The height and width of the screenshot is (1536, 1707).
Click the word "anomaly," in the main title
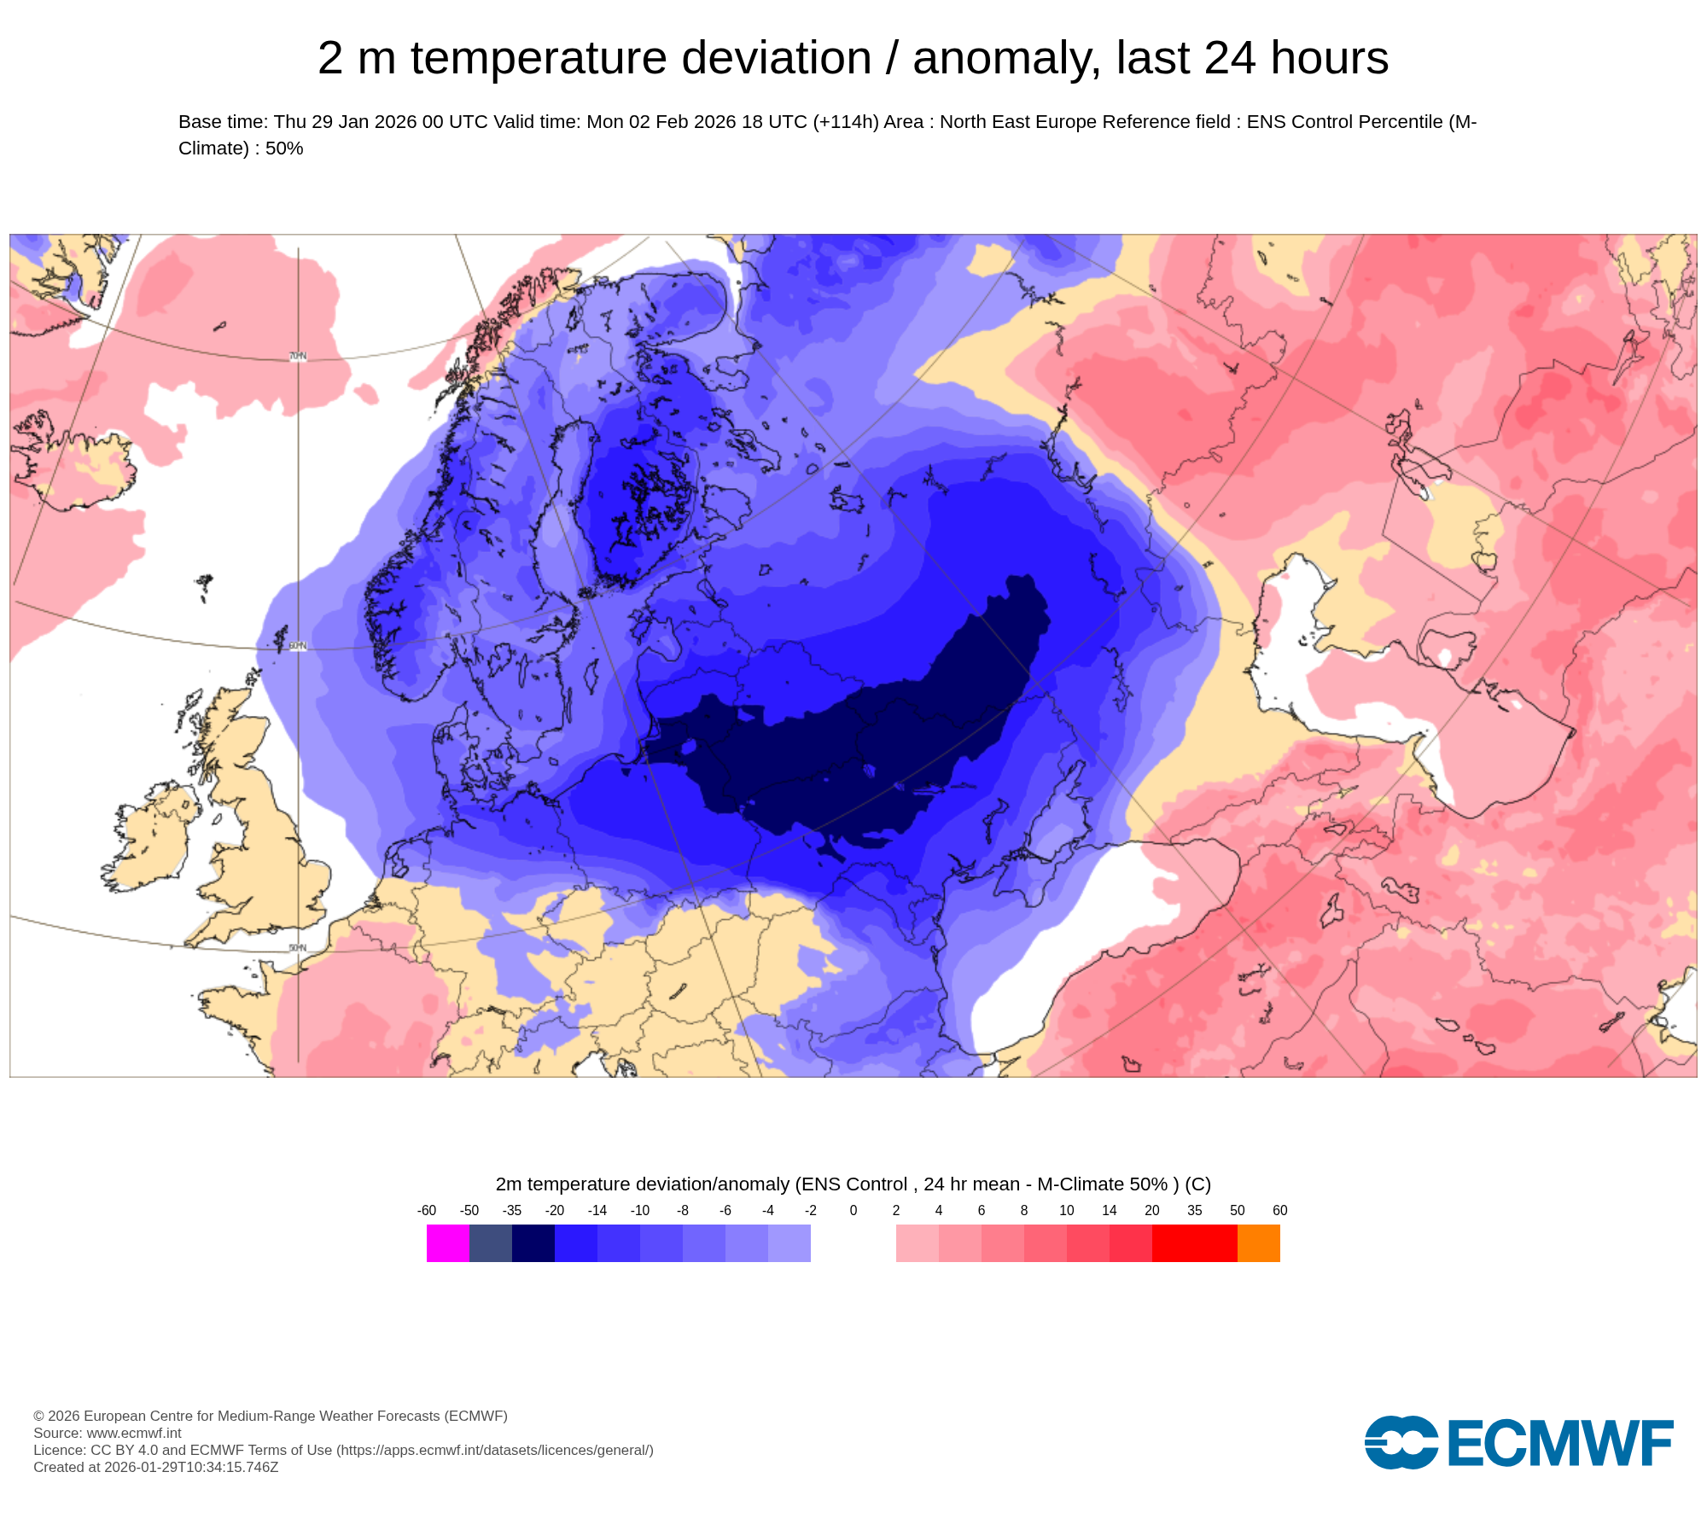[x=1006, y=59]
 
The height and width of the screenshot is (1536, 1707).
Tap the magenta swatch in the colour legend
[x=447, y=1242]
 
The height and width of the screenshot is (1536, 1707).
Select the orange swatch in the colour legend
[x=1258, y=1242]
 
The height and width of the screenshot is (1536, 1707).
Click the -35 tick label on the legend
[x=511, y=1210]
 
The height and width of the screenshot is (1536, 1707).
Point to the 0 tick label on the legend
[x=853, y=1210]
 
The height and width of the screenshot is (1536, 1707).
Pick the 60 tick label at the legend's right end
[x=1279, y=1210]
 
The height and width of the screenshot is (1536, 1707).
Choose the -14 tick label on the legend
[x=597, y=1210]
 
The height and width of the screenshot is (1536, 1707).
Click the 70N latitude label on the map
[x=297, y=356]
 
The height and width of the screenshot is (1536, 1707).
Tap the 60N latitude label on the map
[x=297, y=646]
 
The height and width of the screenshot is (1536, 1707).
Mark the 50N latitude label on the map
[x=297, y=948]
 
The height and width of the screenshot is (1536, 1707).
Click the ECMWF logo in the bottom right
[x=1518, y=1442]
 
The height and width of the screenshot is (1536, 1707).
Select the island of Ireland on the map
[x=154, y=841]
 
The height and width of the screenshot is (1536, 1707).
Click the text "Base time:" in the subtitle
[x=223, y=122]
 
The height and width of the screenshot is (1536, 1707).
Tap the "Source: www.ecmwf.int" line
[x=108, y=1433]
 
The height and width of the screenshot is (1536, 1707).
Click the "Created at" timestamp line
[x=156, y=1467]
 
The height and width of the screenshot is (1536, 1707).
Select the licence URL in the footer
[x=494, y=1450]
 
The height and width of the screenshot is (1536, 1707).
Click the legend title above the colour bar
[x=853, y=1184]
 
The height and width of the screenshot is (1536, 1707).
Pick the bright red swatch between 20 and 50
[x=1194, y=1242]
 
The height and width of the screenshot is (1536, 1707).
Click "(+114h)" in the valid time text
[x=845, y=122]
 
